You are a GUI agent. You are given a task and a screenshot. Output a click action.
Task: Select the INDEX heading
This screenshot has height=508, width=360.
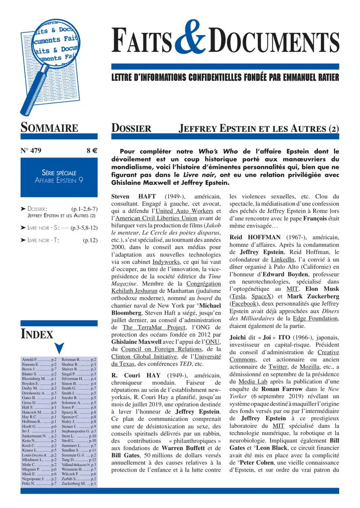[37, 334]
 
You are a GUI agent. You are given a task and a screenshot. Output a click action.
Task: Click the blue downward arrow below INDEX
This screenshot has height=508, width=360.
[59, 348]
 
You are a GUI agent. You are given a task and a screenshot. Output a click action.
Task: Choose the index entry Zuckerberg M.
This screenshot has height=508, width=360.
[78, 484]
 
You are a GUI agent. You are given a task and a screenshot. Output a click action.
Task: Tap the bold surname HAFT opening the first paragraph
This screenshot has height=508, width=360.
[146, 196]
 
